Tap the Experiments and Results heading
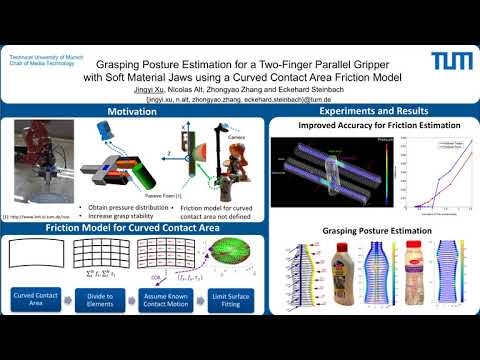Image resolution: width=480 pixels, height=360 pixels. (374, 110)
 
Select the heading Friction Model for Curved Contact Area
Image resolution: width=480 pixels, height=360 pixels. (133, 229)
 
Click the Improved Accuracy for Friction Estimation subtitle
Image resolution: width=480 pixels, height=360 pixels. (374, 127)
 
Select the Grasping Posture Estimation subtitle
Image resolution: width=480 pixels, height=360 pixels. (374, 232)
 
